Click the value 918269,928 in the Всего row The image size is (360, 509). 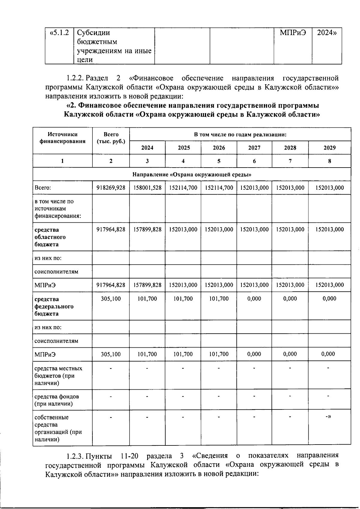111,188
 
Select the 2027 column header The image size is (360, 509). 254,148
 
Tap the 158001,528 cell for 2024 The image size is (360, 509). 147,188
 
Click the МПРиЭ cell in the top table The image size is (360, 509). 293,33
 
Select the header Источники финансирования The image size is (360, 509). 62,138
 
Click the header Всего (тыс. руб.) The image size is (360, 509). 111,138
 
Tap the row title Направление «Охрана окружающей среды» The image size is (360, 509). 192,174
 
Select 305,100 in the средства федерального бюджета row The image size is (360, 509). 111,299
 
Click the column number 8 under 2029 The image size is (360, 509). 329,161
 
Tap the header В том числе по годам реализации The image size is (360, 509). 240,135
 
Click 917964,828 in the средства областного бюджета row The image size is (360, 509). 111,230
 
